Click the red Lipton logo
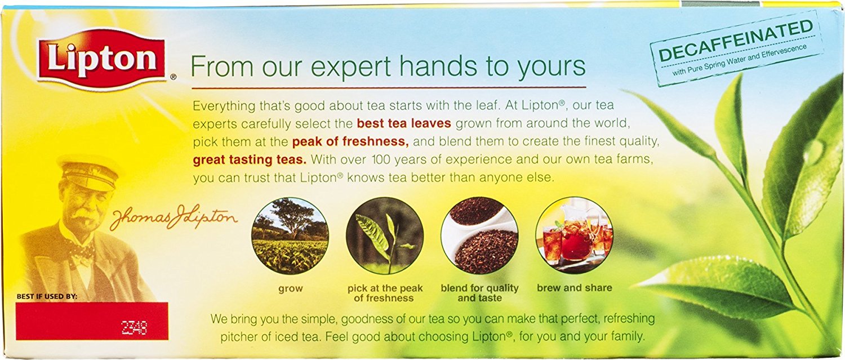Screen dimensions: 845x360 point(101,59)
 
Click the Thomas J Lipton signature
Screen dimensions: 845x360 point(174,219)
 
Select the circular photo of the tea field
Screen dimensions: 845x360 point(290,236)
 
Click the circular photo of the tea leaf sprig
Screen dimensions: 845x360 point(385,236)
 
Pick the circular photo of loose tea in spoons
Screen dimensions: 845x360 point(479,236)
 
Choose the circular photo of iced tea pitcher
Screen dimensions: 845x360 point(574,236)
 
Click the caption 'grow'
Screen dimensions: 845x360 point(291,289)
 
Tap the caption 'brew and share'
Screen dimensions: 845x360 point(574,288)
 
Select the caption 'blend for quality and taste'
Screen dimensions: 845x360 point(479,293)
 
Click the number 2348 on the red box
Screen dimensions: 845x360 point(134,327)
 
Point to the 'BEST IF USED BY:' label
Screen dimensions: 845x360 point(47,296)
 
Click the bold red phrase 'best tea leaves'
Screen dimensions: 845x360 point(404,123)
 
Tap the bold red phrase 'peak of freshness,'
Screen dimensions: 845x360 point(350,141)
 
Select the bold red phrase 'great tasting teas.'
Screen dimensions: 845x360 point(250,159)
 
